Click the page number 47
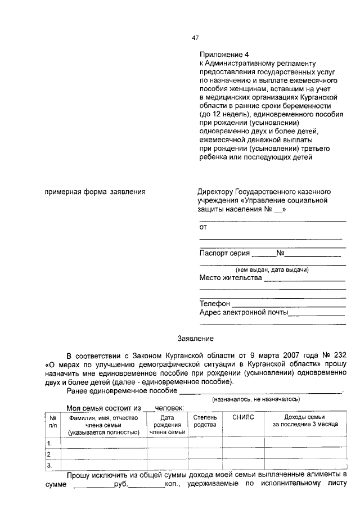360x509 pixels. point(195,38)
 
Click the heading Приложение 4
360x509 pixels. point(223,55)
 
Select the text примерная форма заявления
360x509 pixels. point(95,192)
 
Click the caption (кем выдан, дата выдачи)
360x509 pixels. point(272,270)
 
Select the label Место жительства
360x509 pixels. point(231,278)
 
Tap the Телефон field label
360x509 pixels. point(215,304)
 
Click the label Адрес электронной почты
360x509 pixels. point(244,313)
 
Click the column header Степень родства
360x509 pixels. point(205,421)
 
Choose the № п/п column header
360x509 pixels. point(52,421)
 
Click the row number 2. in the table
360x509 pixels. point(50,454)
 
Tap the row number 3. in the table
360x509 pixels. point(50,465)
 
